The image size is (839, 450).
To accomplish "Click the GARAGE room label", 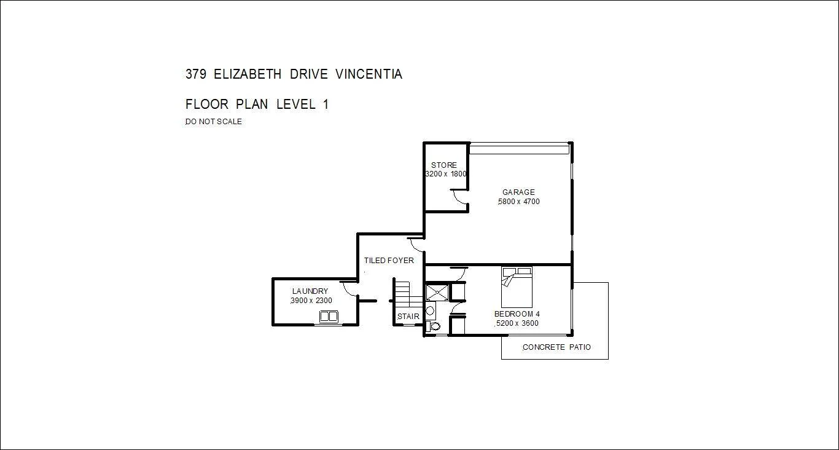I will coord(518,192).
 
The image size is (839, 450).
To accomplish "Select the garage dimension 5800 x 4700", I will coord(519,202).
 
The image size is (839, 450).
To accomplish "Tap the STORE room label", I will coord(443,165).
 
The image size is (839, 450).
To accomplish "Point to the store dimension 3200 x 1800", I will coord(446,174).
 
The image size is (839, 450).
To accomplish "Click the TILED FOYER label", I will coord(389,261).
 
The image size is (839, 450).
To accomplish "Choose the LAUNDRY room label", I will coord(310,291).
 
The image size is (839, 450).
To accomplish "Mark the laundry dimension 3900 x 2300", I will coord(311,301).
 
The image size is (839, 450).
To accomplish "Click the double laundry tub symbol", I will coord(329,317).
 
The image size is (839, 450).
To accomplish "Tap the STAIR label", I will coord(408,317).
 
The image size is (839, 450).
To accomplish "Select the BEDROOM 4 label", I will coord(517,314).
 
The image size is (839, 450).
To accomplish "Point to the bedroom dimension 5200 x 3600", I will coord(517,323).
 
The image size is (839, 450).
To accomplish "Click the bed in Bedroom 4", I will coord(517,287).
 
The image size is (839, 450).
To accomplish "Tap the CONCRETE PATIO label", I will coord(556,347).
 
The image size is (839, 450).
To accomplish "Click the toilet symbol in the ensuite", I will coord(434,326).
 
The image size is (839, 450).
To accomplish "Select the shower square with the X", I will coord(437,292).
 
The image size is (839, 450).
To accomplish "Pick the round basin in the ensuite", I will coord(430,310).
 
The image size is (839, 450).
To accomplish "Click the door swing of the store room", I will coord(458,197).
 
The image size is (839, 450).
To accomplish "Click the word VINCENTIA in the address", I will coord(369,74).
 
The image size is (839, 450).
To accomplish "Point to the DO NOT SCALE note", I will coord(214,122).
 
